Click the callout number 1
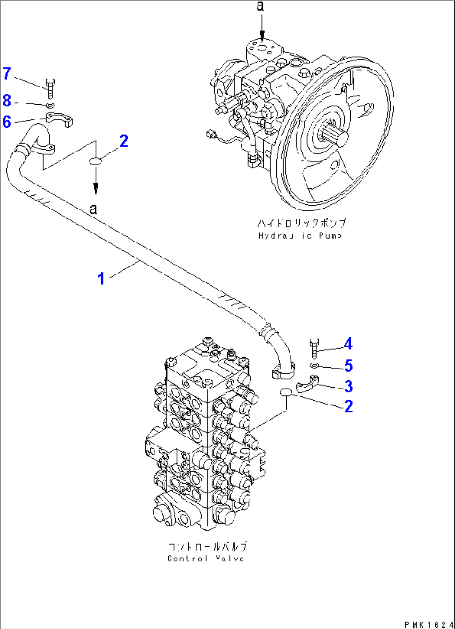101,278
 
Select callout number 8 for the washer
7,101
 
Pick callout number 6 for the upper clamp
7,121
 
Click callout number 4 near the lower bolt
348,344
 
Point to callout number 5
348,366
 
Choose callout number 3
348,386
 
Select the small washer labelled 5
314,366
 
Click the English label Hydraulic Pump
300,236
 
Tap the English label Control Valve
206,558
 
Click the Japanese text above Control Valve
207,547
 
